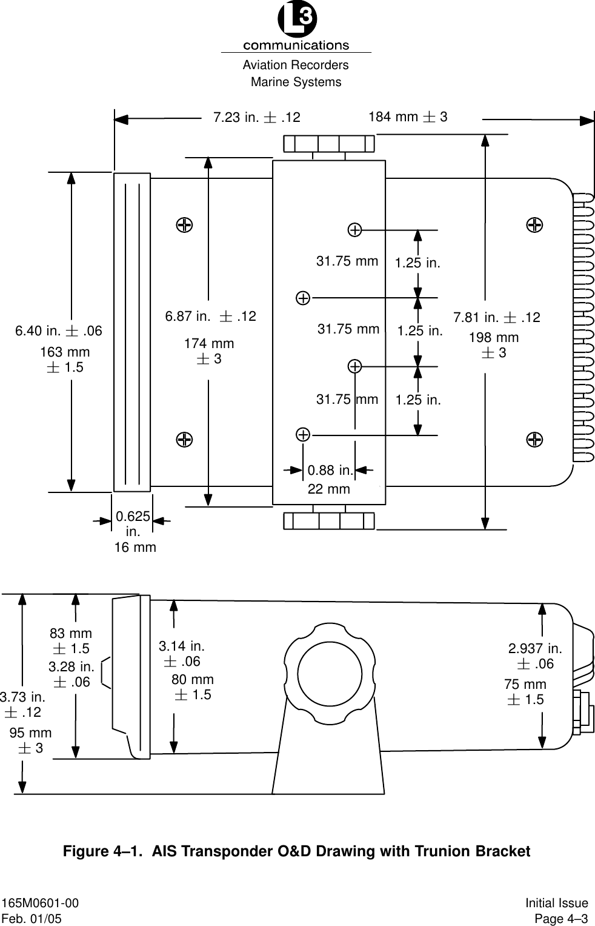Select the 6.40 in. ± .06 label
(x=59, y=331)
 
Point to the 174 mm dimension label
(x=209, y=344)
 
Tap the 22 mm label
(x=328, y=489)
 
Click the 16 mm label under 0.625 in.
(x=135, y=548)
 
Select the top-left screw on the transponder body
(x=184, y=225)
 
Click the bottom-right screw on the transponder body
(x=534, y=439)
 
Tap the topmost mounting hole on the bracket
(x=355, y=230)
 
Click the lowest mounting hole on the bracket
(x=303, y=434)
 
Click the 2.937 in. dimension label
(x=535, y=649)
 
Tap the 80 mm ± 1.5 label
(x=193, y=687)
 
